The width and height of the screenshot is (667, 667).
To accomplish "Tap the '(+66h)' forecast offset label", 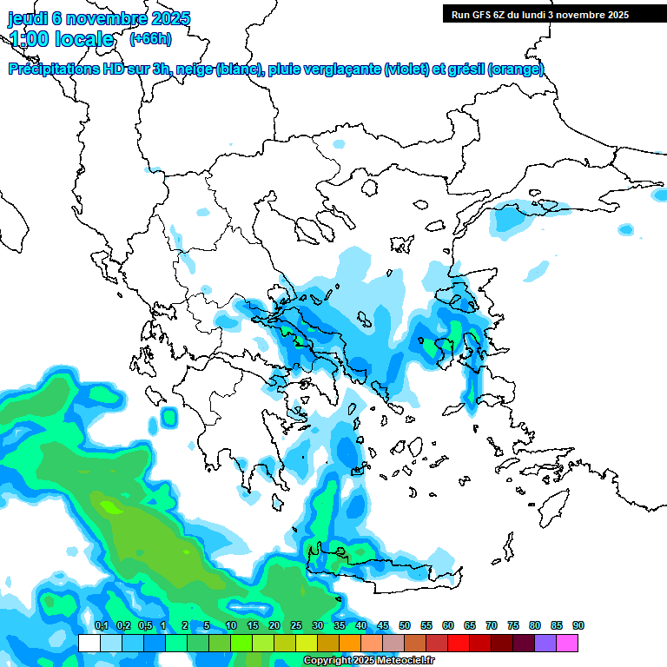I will point(150,38).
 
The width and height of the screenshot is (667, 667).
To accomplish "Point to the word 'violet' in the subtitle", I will point(406,69).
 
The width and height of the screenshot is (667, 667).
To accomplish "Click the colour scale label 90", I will point(578,625).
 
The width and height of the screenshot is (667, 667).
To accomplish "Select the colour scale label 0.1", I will point(101,625).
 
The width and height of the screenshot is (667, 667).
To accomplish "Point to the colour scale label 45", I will point(383,625).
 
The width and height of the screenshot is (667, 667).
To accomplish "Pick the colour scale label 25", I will point(296,625).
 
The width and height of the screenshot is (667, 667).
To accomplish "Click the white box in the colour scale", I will point(89,643).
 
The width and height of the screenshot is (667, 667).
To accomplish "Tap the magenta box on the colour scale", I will point(567,643).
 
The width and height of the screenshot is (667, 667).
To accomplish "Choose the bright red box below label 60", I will point(459,643).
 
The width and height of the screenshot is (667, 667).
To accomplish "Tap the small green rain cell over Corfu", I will point(168,418).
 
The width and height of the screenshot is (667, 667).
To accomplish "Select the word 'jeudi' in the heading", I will point(28,18).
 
